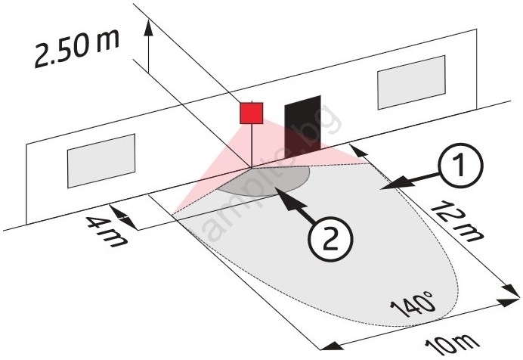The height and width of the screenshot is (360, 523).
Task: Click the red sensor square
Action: (x=252, y=113)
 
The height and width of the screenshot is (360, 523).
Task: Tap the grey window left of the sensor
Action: (x=101, y=161)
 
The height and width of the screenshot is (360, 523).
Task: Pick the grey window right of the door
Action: (x=411, y=82)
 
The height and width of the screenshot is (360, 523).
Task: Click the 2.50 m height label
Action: (x=77, y=48)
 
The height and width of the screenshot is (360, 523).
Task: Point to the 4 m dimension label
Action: (x=107, y=232)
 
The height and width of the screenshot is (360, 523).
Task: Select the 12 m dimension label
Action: (x=457, y=221)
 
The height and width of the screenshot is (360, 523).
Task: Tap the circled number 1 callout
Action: (x=460, y=165)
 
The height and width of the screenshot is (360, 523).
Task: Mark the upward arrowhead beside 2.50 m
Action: (x=149, y=27)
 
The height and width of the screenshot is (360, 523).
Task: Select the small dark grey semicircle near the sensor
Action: (x=264, y=180)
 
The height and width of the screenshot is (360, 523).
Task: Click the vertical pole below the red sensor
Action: (x=252, y=145)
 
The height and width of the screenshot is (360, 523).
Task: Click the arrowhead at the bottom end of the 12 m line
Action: (x=512, y=291)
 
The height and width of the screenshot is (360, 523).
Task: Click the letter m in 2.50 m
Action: (x=107, y=41)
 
